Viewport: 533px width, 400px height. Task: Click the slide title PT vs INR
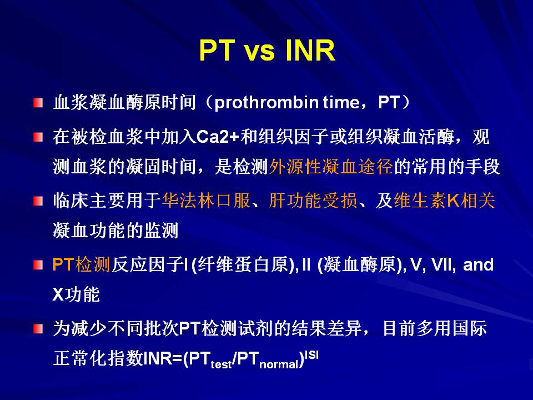(267, 50)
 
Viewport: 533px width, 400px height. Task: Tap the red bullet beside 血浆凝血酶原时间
(38, 102)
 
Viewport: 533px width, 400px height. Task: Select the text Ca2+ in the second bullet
(218, 137)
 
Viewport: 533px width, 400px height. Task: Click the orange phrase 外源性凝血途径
(331, 167)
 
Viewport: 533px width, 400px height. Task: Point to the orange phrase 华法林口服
(207, 200)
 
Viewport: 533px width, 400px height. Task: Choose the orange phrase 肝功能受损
(313, 200)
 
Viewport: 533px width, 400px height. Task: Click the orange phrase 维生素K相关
(444, 200)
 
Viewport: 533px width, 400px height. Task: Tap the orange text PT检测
(81, 264)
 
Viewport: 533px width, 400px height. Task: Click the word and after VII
(478, 264)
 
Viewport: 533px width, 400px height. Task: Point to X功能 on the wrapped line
(76, 294)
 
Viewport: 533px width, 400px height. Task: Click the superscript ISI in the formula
(311, 355)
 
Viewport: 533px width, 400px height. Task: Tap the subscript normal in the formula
(279, 364)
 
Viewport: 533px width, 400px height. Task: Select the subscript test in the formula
(221, 364)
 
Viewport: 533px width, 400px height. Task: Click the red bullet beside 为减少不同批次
(38, 328)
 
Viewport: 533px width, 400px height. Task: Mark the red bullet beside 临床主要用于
(38, 201)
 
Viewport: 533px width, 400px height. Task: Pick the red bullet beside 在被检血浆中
(38, 137)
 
